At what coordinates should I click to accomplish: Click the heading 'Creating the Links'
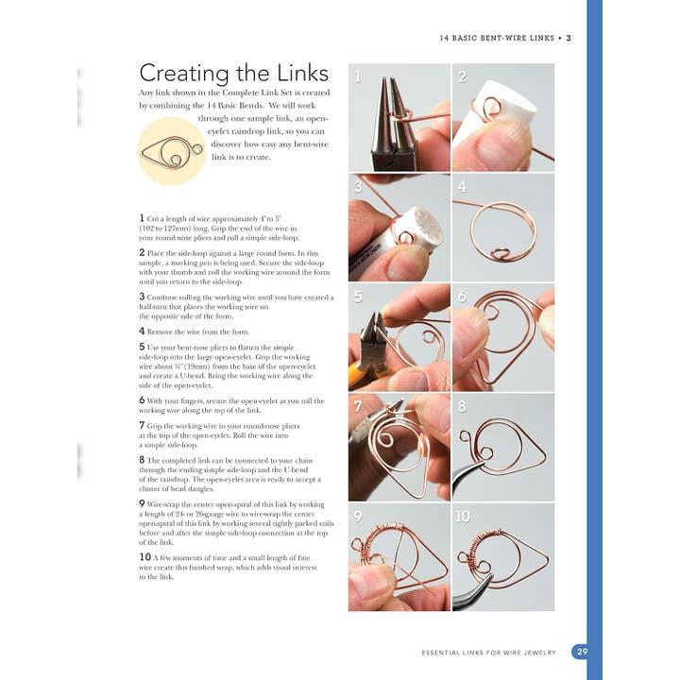pos(233,74)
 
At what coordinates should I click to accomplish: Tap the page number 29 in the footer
pos(581,652)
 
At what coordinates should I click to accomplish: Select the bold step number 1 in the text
pos(142,217)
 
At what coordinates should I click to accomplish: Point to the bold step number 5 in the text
pos(142,347)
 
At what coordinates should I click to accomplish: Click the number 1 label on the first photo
pos(358,76)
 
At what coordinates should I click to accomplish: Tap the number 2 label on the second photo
pos(462,76)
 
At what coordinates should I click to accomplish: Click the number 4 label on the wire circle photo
pos(462,187)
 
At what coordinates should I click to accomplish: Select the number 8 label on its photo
pos(462,407)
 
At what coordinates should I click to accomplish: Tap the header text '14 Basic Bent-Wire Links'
pos(499,39)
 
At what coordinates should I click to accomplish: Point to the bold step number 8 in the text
pos(142,460)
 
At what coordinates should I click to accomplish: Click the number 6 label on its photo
pos(462,297)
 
